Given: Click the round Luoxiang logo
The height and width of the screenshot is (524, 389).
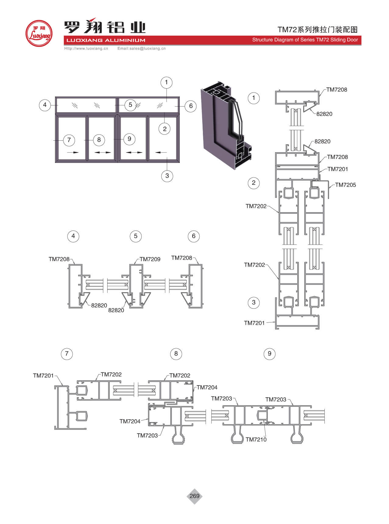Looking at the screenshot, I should coord(39,33).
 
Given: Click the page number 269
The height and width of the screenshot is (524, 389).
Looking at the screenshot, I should coord(194,496).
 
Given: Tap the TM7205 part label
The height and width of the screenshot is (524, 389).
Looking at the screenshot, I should coord(345,185).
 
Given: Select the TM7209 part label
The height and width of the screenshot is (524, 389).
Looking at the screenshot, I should coord(150,259).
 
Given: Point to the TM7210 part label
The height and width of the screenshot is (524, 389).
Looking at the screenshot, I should coord(256,439).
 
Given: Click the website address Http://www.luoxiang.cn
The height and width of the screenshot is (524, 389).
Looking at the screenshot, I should coord(86,48).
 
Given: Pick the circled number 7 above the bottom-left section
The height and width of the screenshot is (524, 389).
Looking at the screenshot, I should coord(67,353).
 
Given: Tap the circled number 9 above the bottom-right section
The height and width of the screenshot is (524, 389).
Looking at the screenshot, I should coord(269,353).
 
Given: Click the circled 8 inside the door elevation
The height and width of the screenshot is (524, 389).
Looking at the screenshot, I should coord(99,140).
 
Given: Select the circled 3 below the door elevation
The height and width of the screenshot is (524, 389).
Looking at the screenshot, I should coord(167,176).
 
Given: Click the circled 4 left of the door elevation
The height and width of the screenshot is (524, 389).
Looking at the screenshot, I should coord(45,105).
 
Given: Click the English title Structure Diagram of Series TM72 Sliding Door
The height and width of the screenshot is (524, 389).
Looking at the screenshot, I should coord(305,40).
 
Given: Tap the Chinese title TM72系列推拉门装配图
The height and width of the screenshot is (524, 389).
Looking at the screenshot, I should coord(317,30).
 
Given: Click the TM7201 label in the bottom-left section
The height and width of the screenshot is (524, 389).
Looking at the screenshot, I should coord(43,376).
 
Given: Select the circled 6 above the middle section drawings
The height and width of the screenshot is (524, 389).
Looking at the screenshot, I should coord(193,236).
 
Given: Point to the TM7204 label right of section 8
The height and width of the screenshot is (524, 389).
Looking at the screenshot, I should coord(207,387).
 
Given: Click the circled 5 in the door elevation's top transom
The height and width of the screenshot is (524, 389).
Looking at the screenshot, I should coord(130,105).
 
